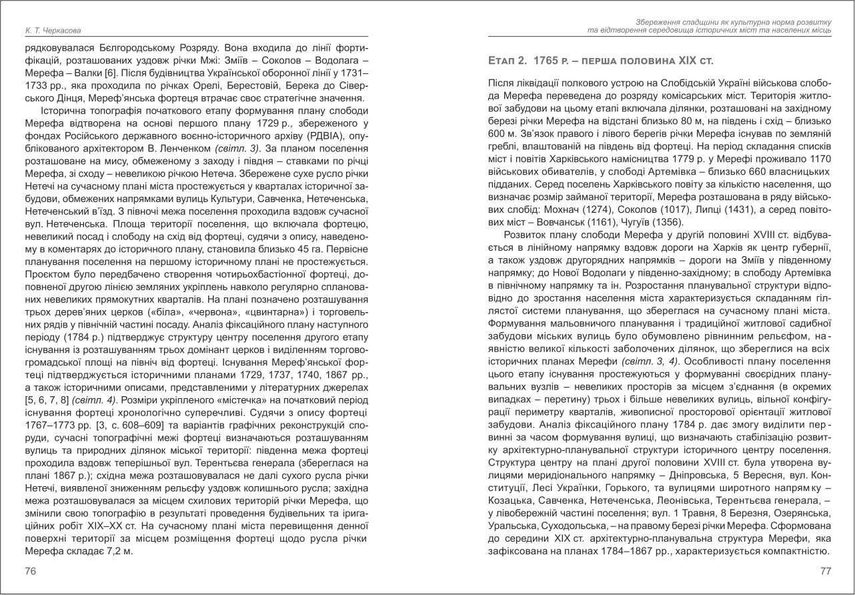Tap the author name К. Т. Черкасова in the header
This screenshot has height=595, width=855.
(x=48, y=31)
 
